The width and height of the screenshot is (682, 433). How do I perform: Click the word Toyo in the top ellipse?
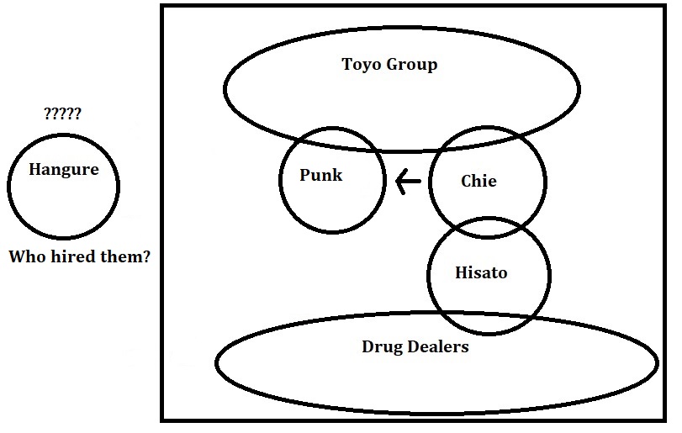point(361,64)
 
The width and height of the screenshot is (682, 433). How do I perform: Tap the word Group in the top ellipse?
point(411,65)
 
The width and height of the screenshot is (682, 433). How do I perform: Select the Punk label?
point(320,176)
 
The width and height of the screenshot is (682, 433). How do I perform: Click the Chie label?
point(478,181)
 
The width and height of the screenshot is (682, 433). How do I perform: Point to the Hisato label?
point(480,273)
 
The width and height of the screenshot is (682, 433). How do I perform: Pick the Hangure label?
point(63,169)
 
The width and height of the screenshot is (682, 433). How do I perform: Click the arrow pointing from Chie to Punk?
point(408,181)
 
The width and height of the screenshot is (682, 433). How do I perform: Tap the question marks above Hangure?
point(62,114)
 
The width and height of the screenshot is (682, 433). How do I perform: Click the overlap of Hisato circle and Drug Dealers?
point(489,324)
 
